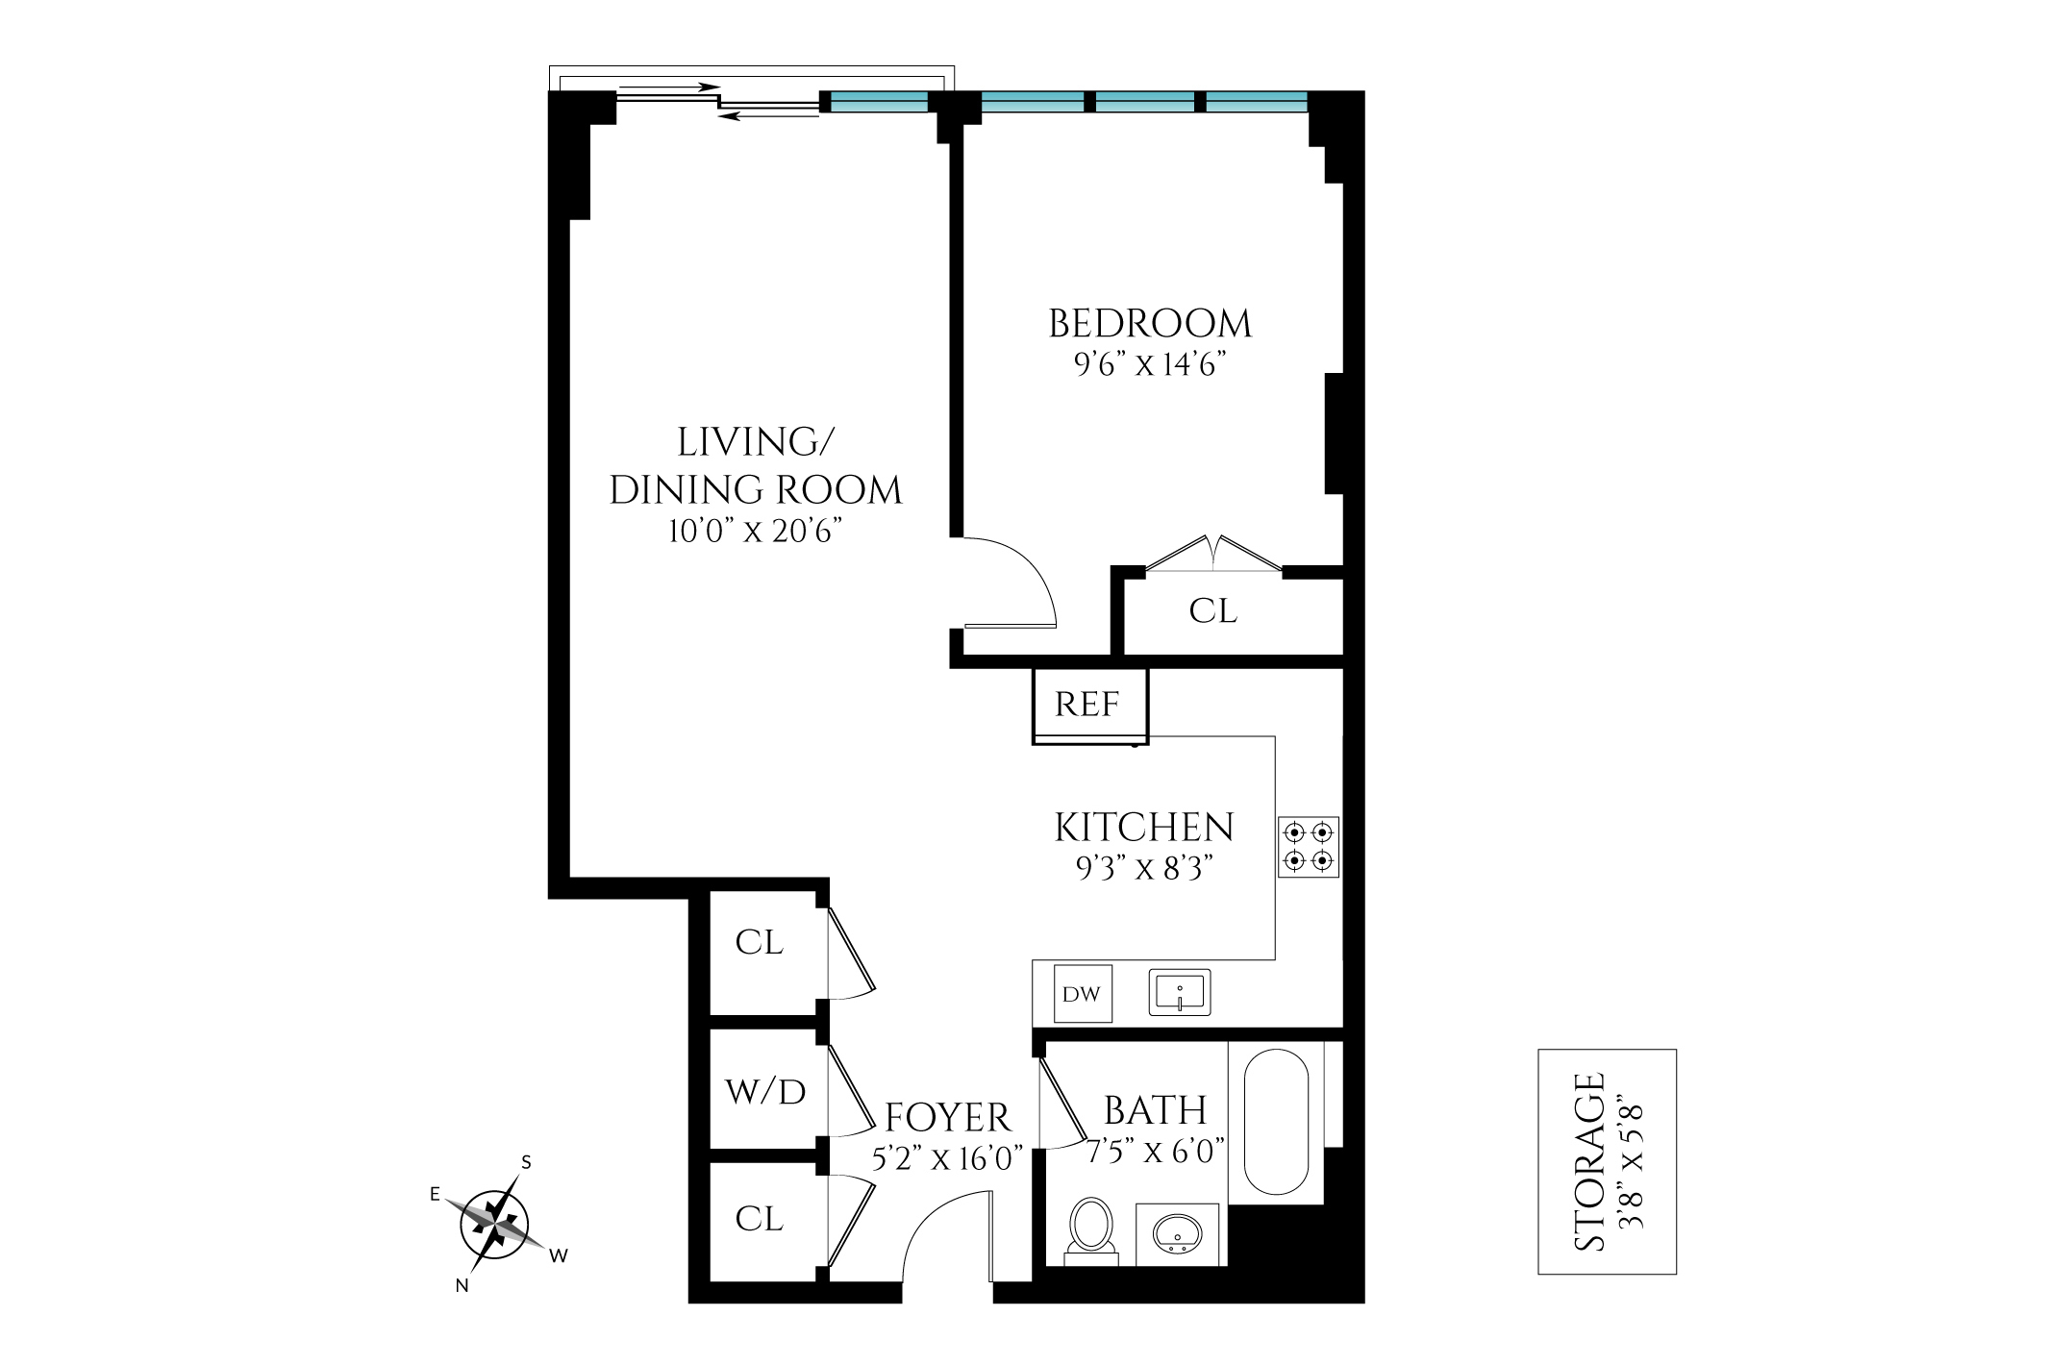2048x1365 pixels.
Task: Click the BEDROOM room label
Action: tap(1150, 324)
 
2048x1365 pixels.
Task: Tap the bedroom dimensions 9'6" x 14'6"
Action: tap(1150, 365)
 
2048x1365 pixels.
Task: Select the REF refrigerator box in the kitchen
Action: tap(1089, 705)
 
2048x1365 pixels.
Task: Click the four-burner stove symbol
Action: tap(1309, 846)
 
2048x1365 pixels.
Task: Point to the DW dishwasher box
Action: tap(1082, 993)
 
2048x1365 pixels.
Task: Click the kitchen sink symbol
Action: tap(1180, 992)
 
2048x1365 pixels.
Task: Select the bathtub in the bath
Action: tap(1276, 1121)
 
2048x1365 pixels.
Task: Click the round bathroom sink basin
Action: tap(1177, 1232)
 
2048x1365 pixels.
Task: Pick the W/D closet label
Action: tap(765, 1092)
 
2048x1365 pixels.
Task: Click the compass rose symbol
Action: tap(495, 1224)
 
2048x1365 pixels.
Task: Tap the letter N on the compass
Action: tap(462, 1285)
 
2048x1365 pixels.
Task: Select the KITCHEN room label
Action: tap(1143, 828)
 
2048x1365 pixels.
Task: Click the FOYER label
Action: tap(948, 1118)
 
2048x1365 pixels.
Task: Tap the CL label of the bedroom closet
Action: tap(1212, 611)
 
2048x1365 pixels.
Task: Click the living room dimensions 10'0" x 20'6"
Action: tap(756, 531)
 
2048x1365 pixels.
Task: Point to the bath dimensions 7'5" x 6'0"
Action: tap(1156, 1151)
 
